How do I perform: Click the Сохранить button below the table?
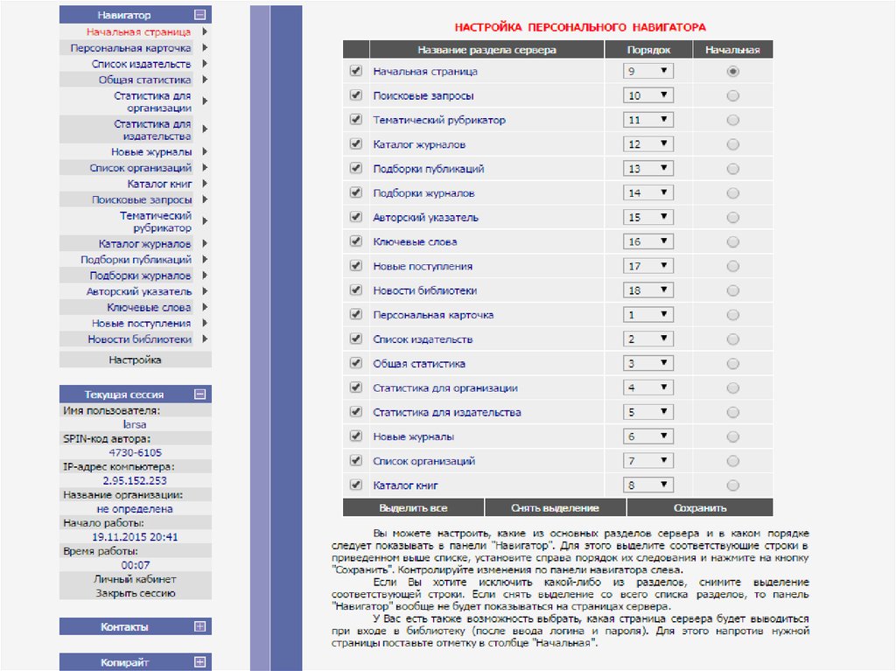click(x=700, y=507)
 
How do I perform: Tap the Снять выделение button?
click(x=555, y=507)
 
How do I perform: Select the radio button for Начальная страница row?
click(x=732, y=71)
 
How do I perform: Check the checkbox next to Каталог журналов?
click(x=355, y=143)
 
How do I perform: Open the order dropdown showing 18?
click(x=648, y=290)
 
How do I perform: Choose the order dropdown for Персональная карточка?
click(x=648, y=315)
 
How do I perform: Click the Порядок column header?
click(x=649, y=50)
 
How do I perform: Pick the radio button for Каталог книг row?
click(x=732, y=485)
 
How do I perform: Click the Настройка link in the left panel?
click(x=135, y=360)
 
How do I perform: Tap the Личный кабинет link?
click(x=135, y=579)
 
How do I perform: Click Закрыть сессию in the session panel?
click(x=135, y=593)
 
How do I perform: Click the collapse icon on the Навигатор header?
click(x=200, y=15)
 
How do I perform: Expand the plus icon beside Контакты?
click(x=200, y=626)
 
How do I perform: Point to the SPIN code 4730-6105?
click(x=135, y=452)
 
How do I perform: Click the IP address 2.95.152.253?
click(x=135, y=480)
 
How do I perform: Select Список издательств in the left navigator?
click(x=141, y=64)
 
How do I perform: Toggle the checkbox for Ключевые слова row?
click(x=355, y=241)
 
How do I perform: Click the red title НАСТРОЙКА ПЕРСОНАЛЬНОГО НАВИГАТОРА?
click(x=580, y=28)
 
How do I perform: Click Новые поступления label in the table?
click(x=423, y=266)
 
